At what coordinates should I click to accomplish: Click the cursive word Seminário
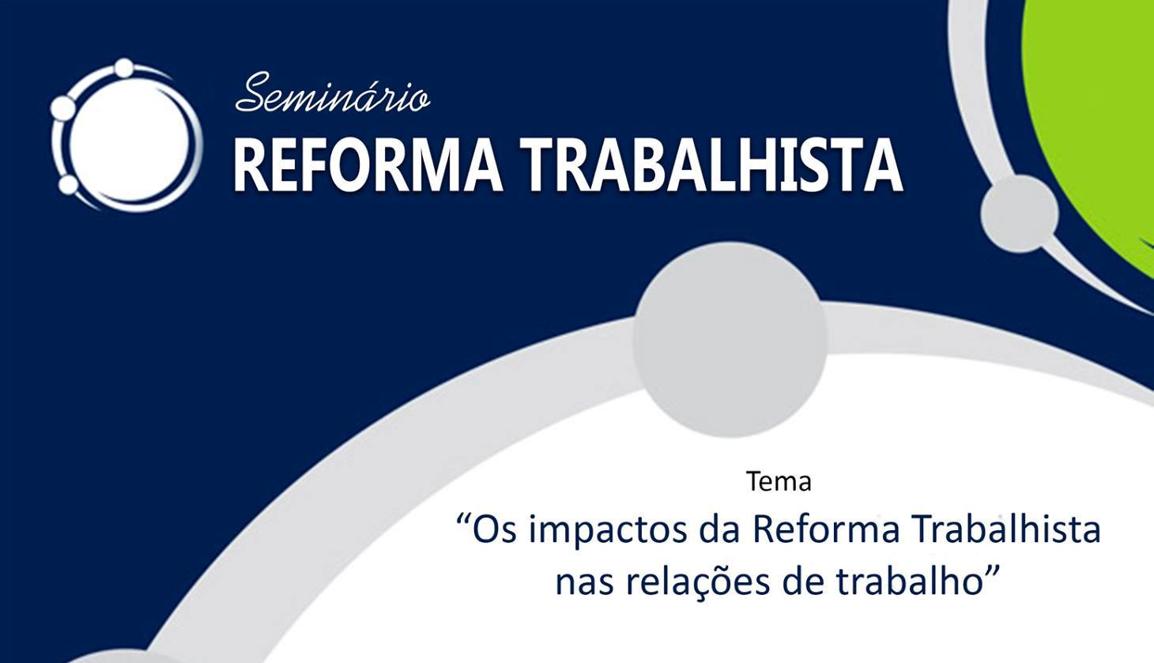tap(332, 92)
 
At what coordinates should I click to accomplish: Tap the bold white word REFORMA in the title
tap(368, 166)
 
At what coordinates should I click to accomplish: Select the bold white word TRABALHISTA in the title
tap(711, 166)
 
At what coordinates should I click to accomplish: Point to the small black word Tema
tap(779, 482)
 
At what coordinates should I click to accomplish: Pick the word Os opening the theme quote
tap(494, 530)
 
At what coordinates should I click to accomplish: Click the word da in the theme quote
tap(720, 529)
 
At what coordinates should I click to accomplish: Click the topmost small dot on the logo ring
tap(124, 67)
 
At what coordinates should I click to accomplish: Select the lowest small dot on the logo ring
tap(68, 184)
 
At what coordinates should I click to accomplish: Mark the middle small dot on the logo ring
tap(63, 107)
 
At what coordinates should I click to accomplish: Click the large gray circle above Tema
tap(730, 340)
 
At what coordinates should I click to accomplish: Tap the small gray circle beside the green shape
tap(1020, 214)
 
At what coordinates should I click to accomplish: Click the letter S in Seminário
tap(253, 92)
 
